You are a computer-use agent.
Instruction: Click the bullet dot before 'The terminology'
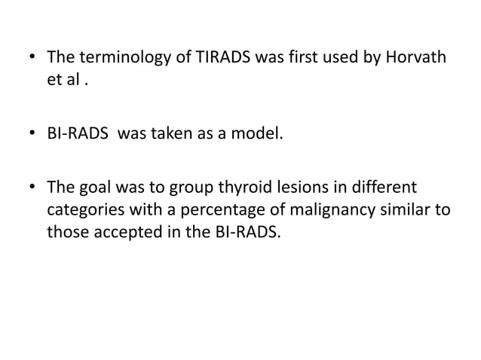(31, 58)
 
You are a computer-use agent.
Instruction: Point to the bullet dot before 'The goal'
(31, 188)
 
